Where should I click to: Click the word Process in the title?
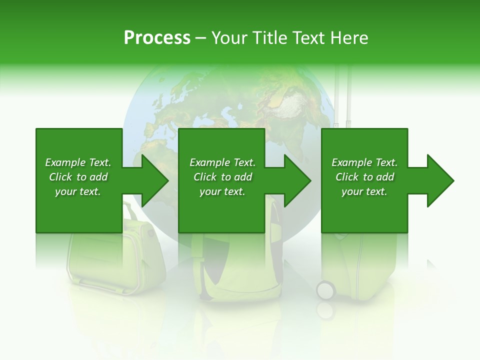tap(157, 38)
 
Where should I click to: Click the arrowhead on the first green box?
tap(154, 180)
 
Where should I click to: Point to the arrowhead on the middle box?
tap(297, 180)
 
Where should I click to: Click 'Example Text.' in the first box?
tap(78, 162)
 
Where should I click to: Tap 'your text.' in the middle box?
tap(222, 191)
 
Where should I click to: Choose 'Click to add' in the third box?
tap(364, 177)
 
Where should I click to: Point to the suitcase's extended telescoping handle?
tap(343, 95)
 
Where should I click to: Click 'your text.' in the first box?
tap(78, 191)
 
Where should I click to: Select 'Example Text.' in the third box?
tap(364, 162)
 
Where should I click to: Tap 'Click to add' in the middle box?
tap(222, 177)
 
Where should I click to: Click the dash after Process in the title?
tap(200, 38)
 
